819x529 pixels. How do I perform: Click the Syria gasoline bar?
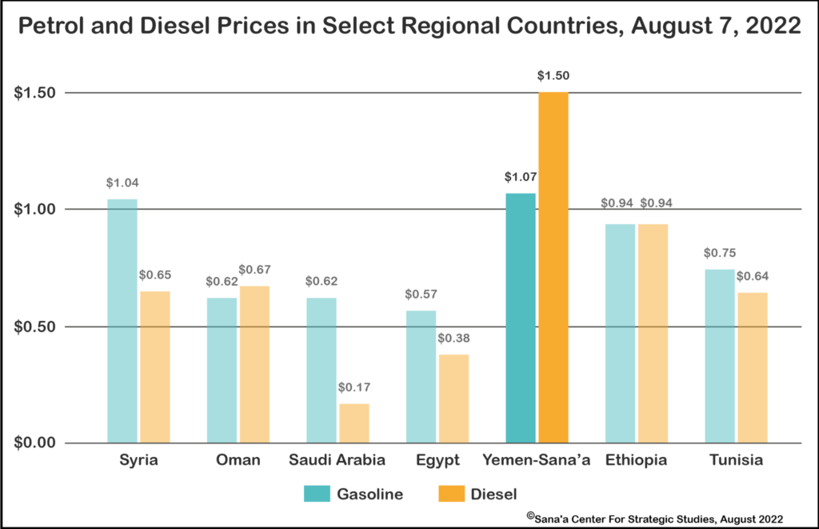point(122,320)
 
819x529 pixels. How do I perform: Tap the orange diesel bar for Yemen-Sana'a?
point(553,267)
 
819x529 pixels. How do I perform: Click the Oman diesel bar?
point(254,364)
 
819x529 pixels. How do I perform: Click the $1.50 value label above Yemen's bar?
point(553,76)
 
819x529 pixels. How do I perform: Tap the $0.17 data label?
point(354,388)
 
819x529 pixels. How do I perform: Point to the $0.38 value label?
point(453,339)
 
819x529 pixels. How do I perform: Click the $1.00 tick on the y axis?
point(36,210)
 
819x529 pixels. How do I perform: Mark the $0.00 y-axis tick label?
point(36,443)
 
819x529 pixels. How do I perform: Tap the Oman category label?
point(238,461)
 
